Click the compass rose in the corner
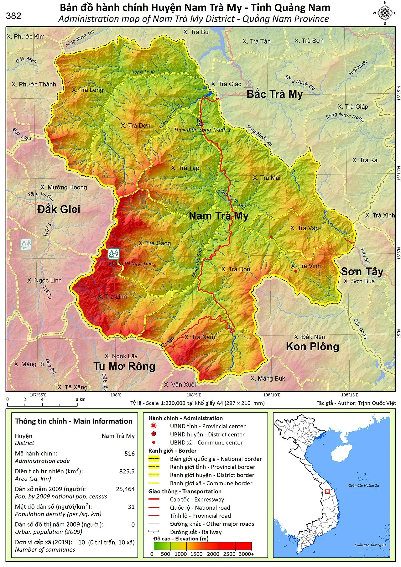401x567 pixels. click(x=385, y=13)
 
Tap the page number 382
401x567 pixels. click(x=13, y=16)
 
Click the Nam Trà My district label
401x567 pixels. click(x=218, y=216)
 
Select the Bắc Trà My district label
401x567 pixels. click(x=274, y=94)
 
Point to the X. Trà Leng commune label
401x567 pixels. click(x=87, y=90)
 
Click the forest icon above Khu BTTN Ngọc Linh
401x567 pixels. click(x=114, y=253)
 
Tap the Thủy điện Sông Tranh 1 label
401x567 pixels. click(x=202, y=130)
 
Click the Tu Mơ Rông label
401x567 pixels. click(x=124, y=366)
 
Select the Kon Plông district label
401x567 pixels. click(x=312, y=346)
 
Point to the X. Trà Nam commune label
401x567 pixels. click(x=200, y=337)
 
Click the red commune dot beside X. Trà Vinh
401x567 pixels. click(x=296, y=271)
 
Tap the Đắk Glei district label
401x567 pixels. click(x=59, y=209)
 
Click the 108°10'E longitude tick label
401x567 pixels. click(x=271, y=395)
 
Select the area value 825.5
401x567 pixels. click(x=127, y=471)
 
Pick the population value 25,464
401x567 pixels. click(x=125, y=489)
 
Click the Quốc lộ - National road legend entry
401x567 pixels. click(x=200, y=508)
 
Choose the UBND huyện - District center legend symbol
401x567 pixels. click(x=154, y=434)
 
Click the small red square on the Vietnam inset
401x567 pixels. click(x=327, y=492)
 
